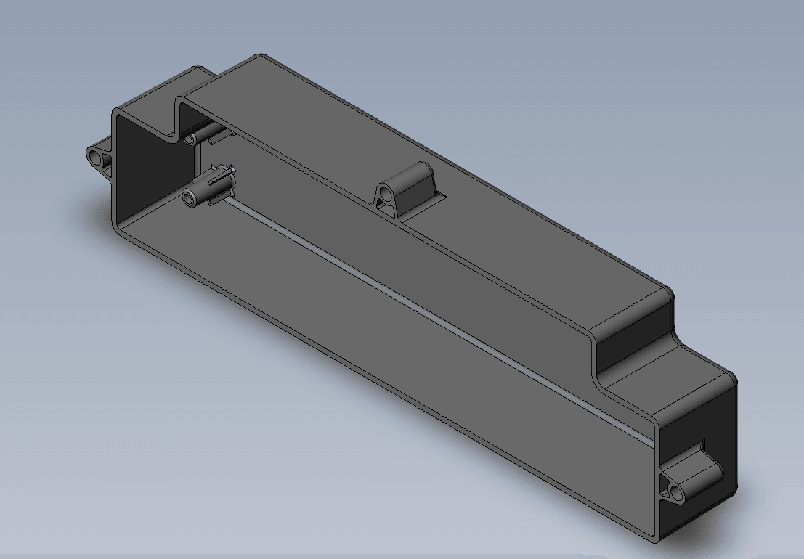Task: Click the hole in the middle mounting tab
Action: click(387, 195)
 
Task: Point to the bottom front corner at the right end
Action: click(657, 541)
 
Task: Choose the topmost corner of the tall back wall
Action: click(260, 54)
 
